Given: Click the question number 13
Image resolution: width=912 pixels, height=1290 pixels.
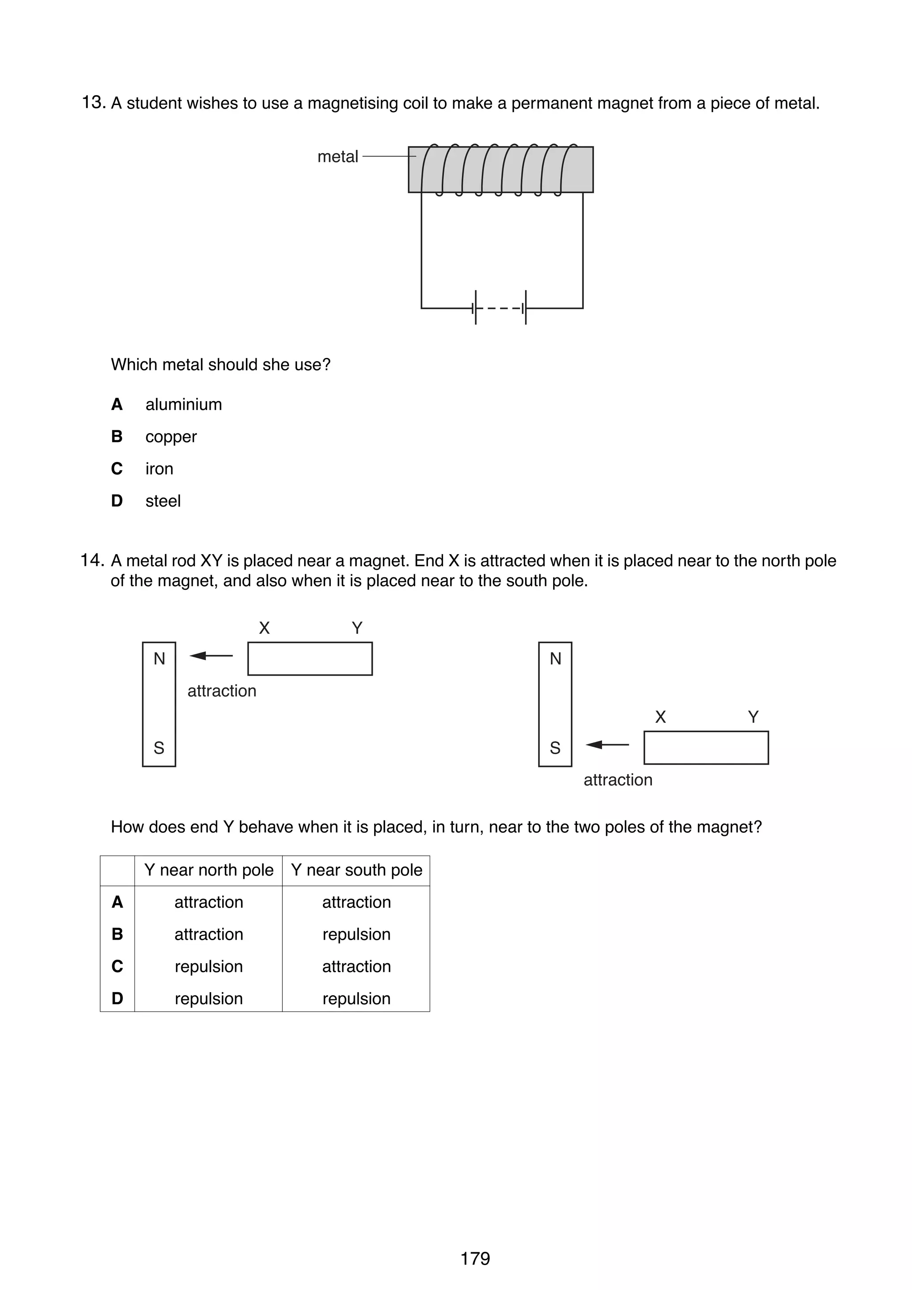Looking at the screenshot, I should (x=93, y=103).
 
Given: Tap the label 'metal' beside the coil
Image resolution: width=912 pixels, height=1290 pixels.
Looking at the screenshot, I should (x=337, y=157).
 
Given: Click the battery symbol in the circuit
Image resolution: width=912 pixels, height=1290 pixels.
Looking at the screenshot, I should (x=501, y=308).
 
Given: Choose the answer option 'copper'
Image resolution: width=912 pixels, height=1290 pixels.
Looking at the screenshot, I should (x=171, y=437).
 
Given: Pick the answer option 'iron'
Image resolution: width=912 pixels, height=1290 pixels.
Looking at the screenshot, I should (x=159, y=469).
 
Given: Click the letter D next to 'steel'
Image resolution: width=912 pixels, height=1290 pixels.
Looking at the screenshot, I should (x=117, y=501).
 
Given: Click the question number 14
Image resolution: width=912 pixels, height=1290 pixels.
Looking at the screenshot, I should (x=92, y=560).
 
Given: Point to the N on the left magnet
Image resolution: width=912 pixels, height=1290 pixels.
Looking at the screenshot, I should (x=159, y=658).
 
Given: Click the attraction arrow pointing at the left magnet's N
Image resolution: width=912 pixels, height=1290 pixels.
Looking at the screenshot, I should (x=211, y=656).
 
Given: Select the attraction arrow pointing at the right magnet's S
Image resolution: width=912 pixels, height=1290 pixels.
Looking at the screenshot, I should (x=607, y=745).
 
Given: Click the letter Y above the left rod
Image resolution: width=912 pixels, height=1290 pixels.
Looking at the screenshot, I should (x=357, y=628).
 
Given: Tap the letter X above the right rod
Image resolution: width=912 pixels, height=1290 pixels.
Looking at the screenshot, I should (x=660, y=717).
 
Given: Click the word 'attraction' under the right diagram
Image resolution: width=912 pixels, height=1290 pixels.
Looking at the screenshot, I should (x=618, y=780).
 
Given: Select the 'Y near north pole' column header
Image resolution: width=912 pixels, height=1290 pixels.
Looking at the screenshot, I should (x=208, y=870).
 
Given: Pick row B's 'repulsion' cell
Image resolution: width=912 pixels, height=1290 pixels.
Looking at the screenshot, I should (x=356, y=934).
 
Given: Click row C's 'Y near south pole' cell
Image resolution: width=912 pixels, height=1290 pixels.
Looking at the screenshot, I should (x=356, y=966).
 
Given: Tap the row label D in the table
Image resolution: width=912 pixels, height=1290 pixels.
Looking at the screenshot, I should (x=117, y=998).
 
